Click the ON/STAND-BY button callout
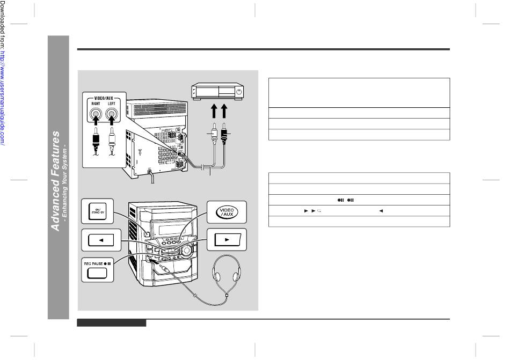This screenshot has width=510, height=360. [x=97, y=212]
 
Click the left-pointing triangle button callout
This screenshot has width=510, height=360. [x=98, y=240]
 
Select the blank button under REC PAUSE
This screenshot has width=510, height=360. [x=98, y=273]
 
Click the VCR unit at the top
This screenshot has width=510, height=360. [x=218, y=93]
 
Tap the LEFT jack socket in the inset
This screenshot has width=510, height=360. [x=112, y=114]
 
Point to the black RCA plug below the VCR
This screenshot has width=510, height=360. [x=224, y=134]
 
